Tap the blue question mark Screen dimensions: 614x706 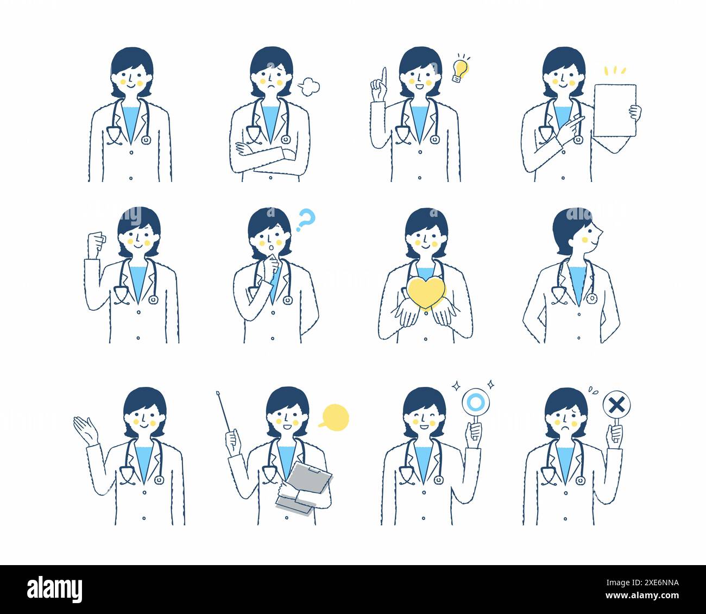click(306, 220)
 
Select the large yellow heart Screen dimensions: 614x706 click(426, 294)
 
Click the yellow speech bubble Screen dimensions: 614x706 click(333, 417)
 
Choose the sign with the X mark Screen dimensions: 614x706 click(616, 405)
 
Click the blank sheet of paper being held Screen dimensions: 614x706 click(614, 110)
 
